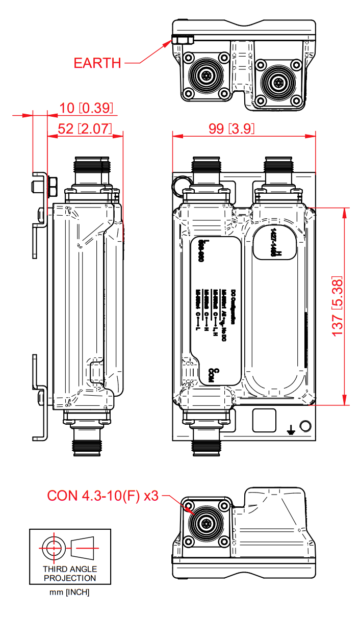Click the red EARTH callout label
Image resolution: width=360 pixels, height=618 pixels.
click(97, 63)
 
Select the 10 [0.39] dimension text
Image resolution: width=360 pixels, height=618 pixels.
click(86, 108)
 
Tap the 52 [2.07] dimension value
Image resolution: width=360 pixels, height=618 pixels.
click(85, 128)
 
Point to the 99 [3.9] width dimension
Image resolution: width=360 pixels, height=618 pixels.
click(232, 128)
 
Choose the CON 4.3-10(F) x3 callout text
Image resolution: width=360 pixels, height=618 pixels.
click(103, 496)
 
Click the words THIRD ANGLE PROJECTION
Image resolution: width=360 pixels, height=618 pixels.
click(70, 574)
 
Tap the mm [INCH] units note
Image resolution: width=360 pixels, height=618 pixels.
click(70, 592)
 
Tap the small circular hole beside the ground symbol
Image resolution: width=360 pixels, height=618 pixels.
click(305, 426)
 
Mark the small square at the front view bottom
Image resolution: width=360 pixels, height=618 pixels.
click(265, 420)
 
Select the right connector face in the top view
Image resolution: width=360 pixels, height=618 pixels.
click(278, 82)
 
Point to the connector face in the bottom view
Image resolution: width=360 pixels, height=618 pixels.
click(206, 523)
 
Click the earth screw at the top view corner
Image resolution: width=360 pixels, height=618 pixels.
click(182, 39)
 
